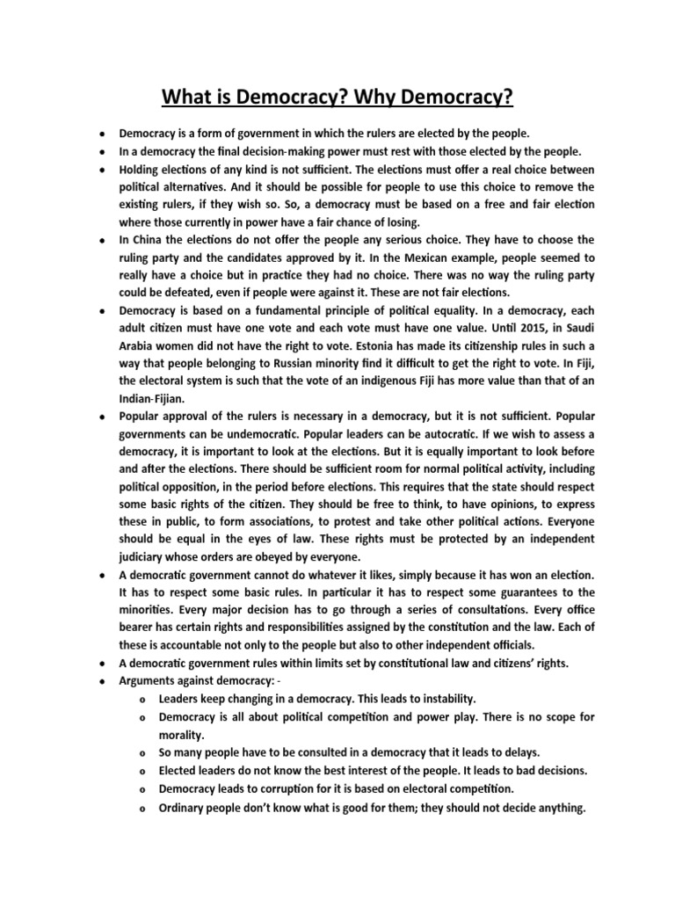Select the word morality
pyautogui.click(x=185, y=735)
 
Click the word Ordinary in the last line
pyautogui.click(x=185, y=805)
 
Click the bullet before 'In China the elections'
pyautogui.click(x=103, y=240)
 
